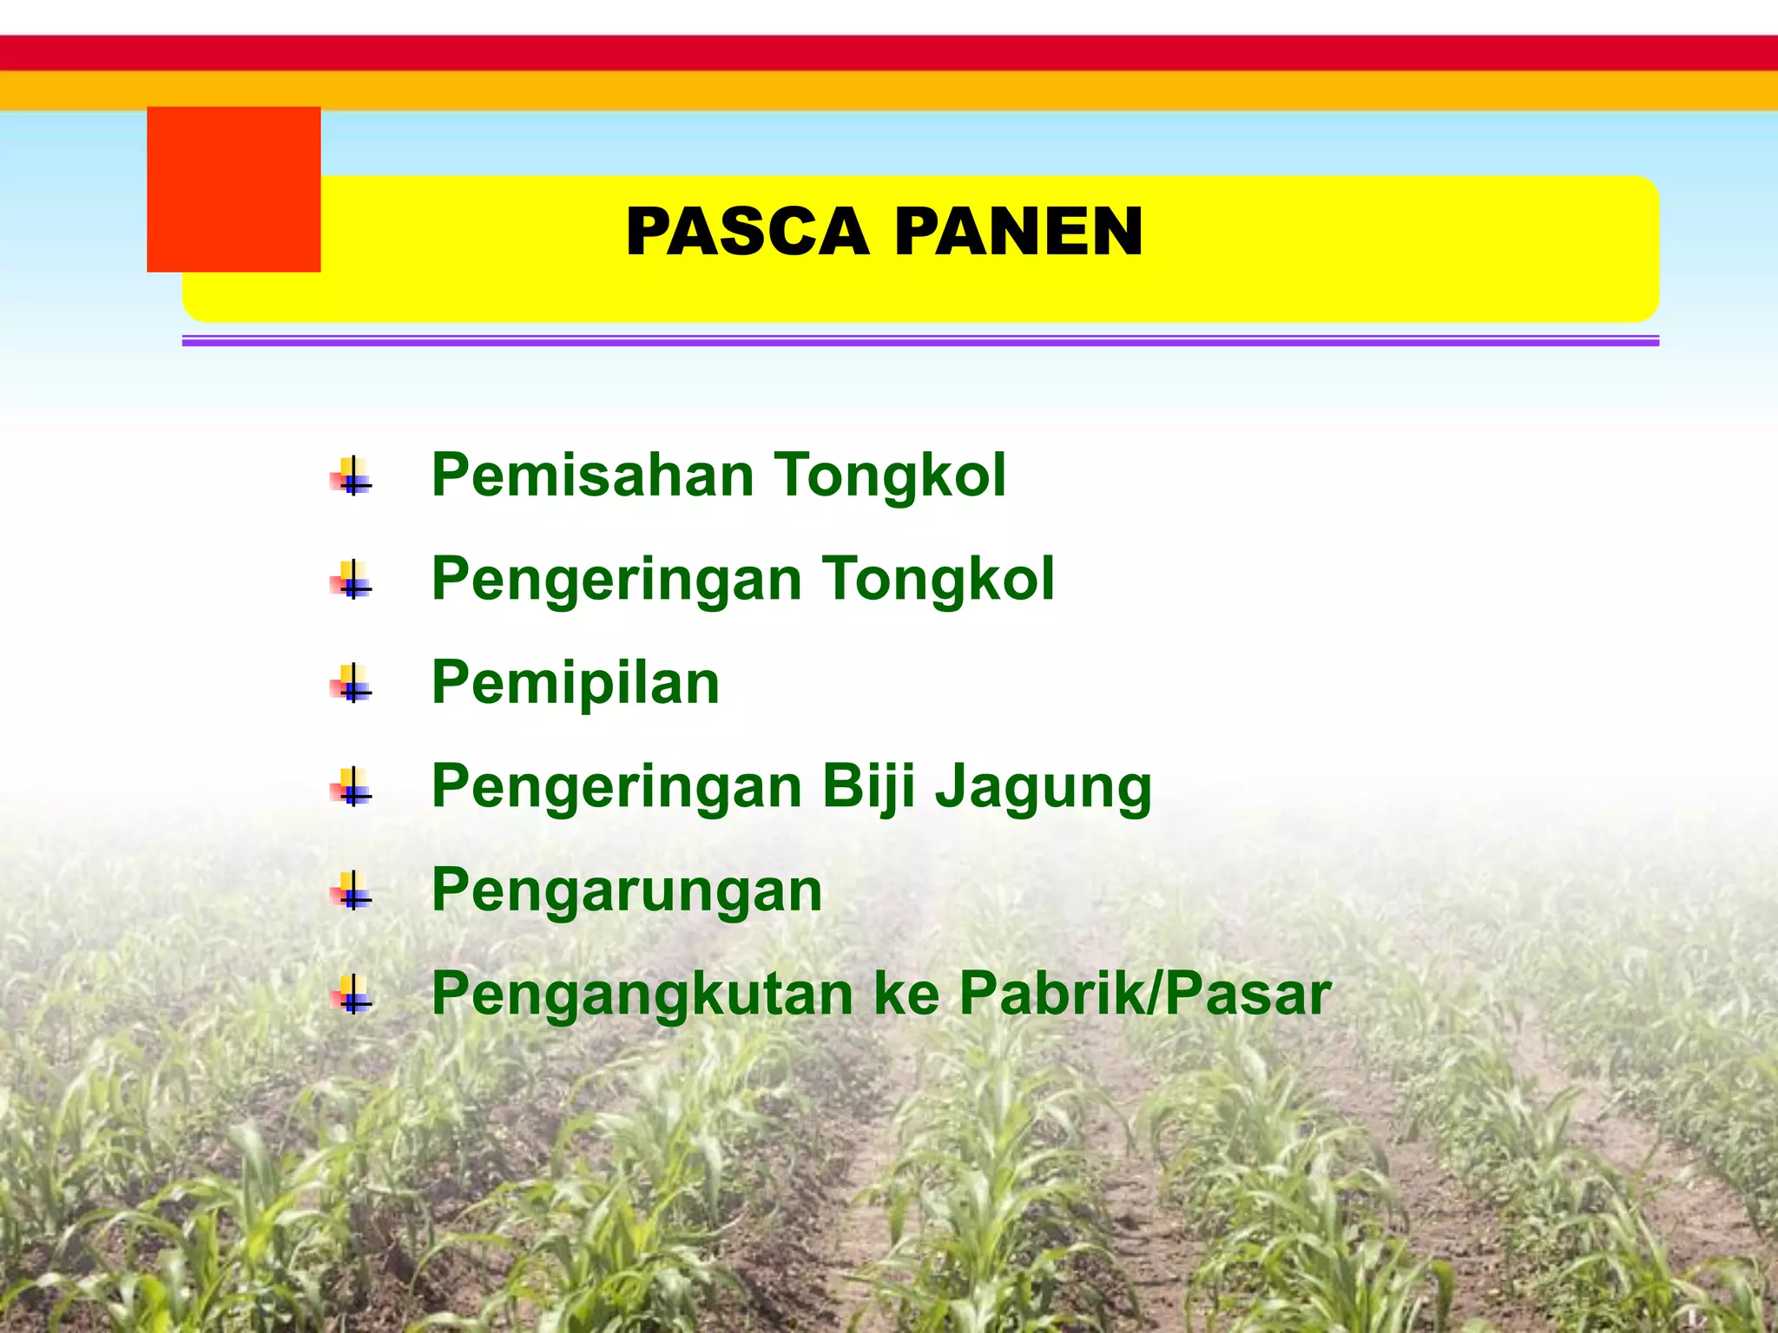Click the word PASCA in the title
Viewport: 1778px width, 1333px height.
[x=747, y=233]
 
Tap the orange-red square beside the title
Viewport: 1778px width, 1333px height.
[x=234, y=189]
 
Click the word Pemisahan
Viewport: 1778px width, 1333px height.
[x=593, y=476]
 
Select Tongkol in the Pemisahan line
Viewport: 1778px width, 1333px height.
[x=890, y=476]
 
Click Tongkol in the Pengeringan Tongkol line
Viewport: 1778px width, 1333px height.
[x=938, y=579]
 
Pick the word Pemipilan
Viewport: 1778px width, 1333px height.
[x=576, y=683]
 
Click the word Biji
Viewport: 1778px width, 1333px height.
[x=869, y=787]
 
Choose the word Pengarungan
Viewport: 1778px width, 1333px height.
[x=627, y=891]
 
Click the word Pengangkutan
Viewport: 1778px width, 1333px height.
[x=642, y=995]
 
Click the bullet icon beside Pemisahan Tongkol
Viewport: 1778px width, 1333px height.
[x=352, y=476]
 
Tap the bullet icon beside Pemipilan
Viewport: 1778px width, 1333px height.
[x=352, y=684]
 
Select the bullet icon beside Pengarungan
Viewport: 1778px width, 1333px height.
[x=352, y=891]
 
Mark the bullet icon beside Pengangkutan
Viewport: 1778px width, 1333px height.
[x=352, y=995]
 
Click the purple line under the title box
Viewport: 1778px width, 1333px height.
[x=920, y=342]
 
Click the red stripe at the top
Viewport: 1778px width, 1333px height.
[x=889, y=53]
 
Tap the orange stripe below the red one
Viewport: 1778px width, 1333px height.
[x=889, y=90]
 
